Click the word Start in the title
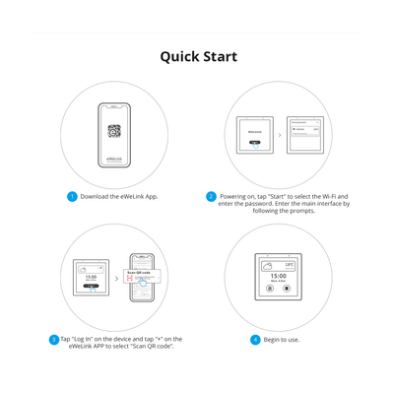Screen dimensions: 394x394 point(220,56)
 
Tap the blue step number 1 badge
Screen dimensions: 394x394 point(72,196)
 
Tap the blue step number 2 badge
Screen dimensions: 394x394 point(211,196)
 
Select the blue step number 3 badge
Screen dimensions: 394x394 point(54,339)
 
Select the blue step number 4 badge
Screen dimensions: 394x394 point(255,339)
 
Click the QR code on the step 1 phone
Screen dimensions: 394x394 point(114,131)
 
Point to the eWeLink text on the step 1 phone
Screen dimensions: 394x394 point(114,157)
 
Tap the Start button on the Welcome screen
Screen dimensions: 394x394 point(255,144)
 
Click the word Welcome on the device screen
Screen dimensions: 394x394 point(255,131)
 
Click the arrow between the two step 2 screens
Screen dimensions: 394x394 point(279,135)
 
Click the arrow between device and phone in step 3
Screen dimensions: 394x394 point(117,279)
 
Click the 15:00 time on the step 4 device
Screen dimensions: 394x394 point(278,277)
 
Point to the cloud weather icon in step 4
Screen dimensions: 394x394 point(268,265)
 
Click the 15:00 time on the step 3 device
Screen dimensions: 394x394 point(91,278)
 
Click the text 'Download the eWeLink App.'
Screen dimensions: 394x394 point(119,196)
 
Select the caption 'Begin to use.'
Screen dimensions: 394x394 point(282,339)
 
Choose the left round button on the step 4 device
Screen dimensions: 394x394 point(270,289)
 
